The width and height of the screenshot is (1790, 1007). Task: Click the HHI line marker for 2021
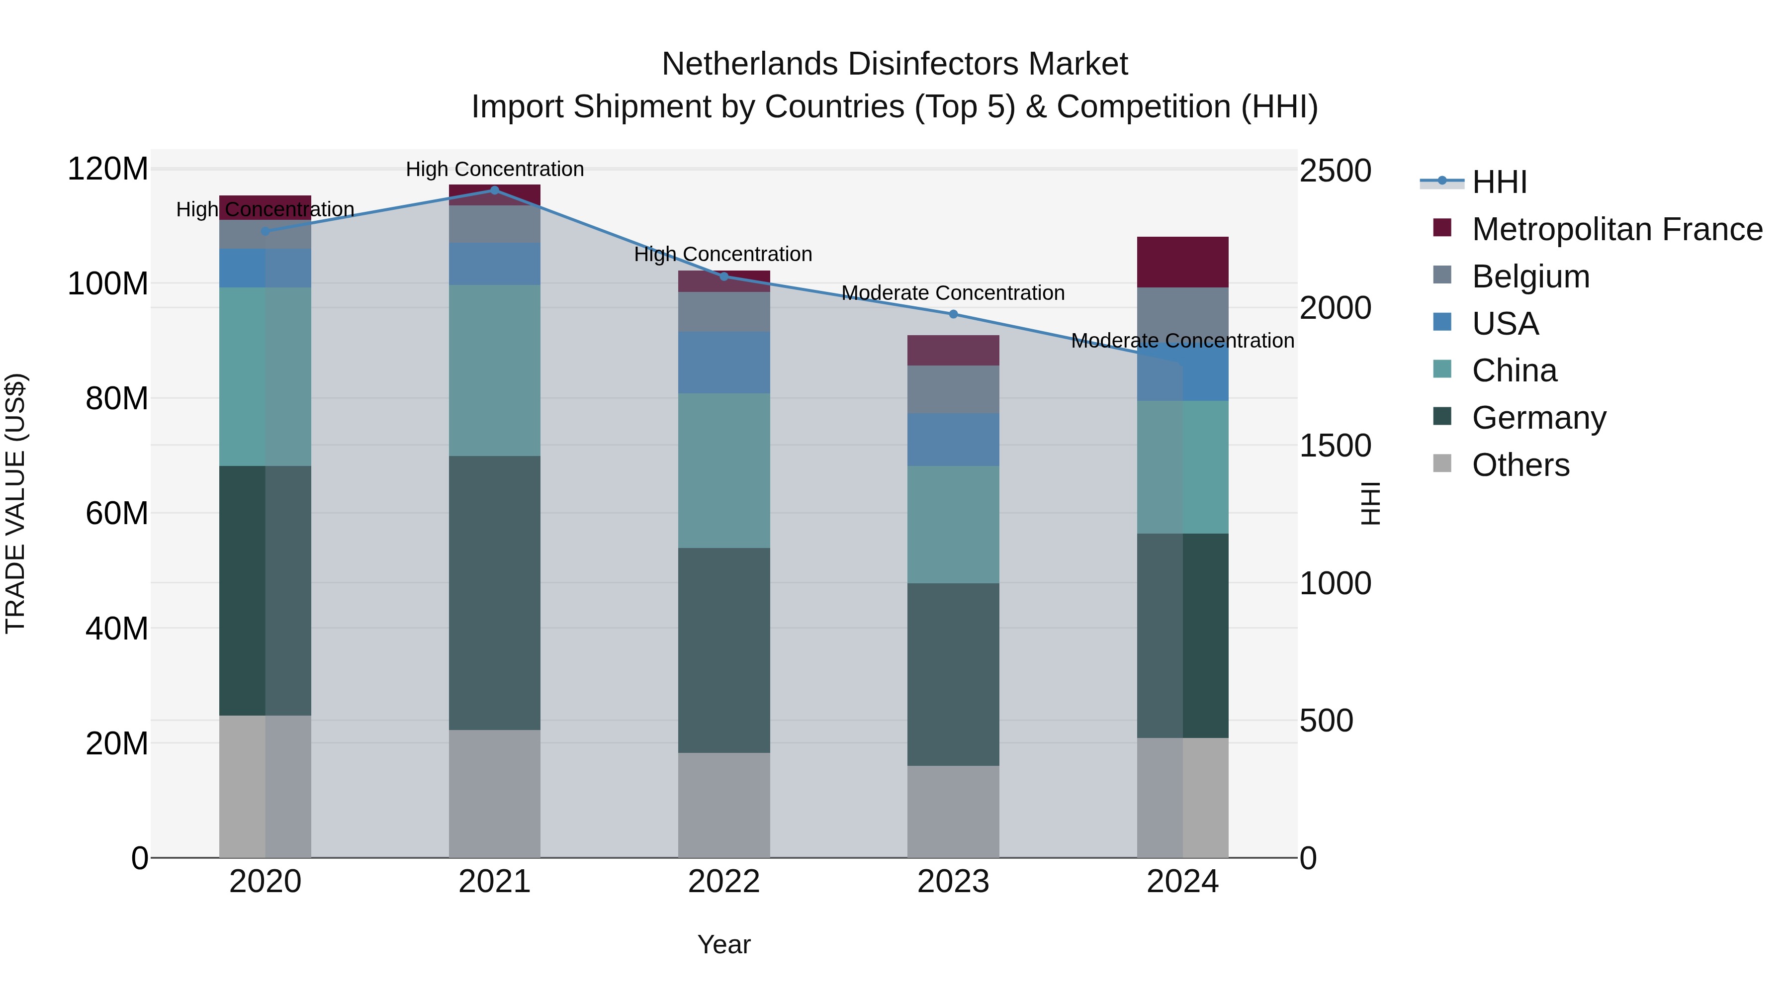[494, 190]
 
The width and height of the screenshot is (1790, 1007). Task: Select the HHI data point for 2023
[953, 314]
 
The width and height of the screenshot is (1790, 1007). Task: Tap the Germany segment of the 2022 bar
[723, 650]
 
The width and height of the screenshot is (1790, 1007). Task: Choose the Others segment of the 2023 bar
[953, 811]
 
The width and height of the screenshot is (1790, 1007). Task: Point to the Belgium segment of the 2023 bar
[953, 389]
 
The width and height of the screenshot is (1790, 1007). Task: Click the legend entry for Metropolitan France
[1616, 229]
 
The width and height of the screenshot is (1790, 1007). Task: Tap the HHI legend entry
[1499, 182]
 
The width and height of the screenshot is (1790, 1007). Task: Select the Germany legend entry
[1538, 418]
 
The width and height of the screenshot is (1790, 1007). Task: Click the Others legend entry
[1521, 465]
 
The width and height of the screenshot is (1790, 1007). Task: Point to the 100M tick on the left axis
[108, 283]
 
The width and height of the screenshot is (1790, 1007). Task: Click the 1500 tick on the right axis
[1335, 446]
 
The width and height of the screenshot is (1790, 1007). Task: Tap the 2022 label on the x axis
[723, 881]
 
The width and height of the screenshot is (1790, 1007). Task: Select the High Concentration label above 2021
[494, 169]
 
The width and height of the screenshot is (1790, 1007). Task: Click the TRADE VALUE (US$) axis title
[15, 503]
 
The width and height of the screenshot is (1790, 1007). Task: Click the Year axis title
[723, 944]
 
